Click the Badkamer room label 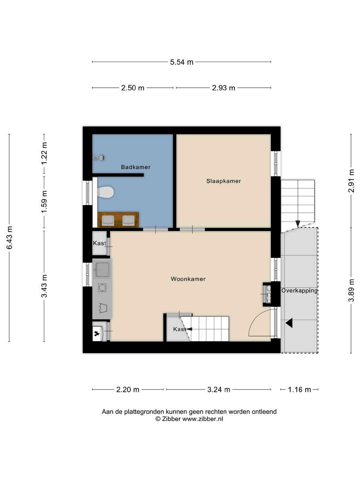[x=136, y=167]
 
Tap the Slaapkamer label [x=223, y=181]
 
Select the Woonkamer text [x=188, y=279]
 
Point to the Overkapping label [x=299, y=291]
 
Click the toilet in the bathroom [x=105, y=192]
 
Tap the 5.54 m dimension [x=182, y=62]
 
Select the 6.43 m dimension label [x=9, y=237]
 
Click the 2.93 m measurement [x=223, y=88]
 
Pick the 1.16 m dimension [x=299, y=389]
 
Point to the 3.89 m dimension [x=351, y=290]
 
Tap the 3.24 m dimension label [x=218, y=389]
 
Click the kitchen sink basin [x=102, y=269]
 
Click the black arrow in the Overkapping [x=289, y=323]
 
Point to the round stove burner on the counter [x=102, y=288]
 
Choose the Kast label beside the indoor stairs [x=179, y=329]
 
